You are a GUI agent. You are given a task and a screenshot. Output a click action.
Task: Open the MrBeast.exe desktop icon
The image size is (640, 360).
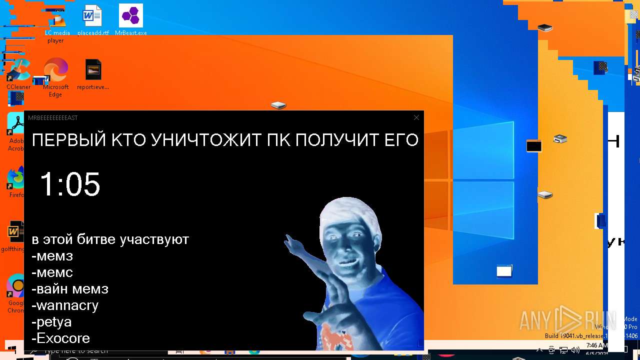coord(131,16)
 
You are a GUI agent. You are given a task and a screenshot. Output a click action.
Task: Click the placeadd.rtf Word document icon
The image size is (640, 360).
coord(92,16)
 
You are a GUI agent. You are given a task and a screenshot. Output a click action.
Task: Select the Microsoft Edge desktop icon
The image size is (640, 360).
coord(55,70)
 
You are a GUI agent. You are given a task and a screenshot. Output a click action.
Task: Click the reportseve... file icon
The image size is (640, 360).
coord(93,70)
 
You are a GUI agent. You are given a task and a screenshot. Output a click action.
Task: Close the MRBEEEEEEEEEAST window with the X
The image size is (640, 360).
coord(416,117)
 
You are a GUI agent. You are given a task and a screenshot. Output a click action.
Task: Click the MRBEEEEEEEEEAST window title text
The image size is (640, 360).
coord(53,118)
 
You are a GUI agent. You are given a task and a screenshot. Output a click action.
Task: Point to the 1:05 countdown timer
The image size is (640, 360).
coord(70,184)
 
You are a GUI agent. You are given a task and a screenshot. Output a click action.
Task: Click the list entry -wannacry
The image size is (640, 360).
coord(65,305)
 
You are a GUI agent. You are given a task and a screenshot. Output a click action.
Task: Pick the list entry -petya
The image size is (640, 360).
coord(51,321)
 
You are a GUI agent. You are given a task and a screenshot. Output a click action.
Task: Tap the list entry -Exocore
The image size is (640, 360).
coord(60,338)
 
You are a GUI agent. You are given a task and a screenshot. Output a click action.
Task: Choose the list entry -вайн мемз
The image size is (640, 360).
coord(70,288)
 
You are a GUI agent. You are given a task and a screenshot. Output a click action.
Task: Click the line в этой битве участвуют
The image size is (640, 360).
coord(110,239)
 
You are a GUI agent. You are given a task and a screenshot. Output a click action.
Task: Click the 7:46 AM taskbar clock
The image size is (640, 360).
coord(596,345)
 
